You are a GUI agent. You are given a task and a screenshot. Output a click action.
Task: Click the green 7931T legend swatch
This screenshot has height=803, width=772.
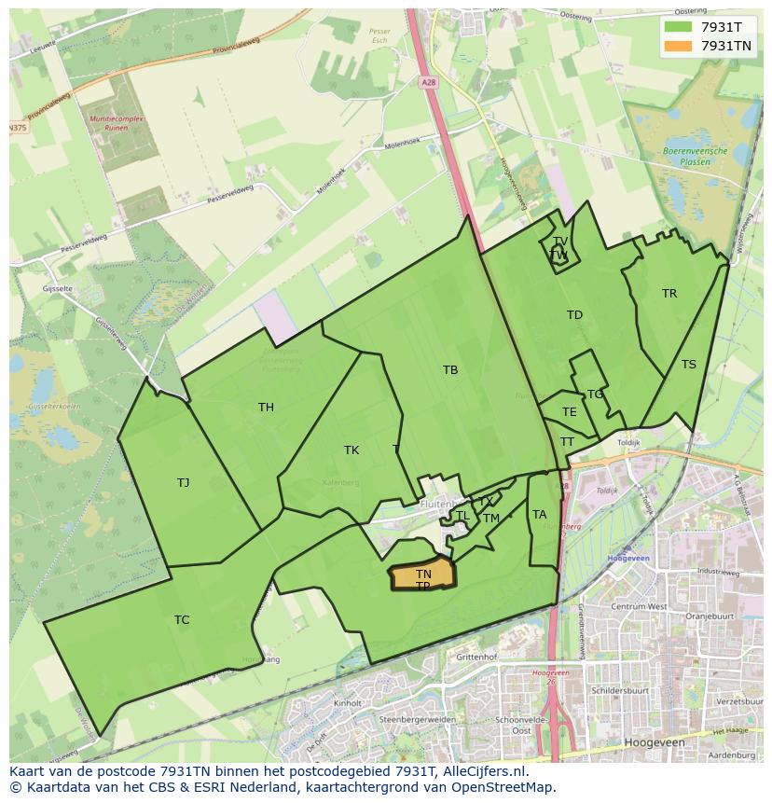678,26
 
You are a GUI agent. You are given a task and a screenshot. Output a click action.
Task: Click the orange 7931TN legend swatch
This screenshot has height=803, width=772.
678,46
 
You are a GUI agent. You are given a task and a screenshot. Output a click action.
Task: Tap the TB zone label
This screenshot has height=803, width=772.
450,370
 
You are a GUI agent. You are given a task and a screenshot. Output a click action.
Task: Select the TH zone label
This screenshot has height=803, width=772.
267,408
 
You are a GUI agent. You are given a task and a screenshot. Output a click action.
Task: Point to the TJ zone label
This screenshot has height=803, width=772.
184,483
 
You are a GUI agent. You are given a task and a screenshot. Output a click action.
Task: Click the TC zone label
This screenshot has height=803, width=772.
182,620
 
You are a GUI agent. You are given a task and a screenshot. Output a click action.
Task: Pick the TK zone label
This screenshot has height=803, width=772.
352,450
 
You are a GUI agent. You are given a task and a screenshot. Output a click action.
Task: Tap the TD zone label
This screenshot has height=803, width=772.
574,315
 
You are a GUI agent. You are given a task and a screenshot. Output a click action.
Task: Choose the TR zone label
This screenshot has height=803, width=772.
669,294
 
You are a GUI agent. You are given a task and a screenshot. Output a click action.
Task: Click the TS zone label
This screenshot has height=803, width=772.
689,365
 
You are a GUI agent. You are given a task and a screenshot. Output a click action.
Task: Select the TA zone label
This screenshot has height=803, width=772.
540,515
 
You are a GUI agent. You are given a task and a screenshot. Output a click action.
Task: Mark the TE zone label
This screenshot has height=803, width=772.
570,412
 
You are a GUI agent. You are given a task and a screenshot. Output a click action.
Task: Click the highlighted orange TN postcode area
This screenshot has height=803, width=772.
424,575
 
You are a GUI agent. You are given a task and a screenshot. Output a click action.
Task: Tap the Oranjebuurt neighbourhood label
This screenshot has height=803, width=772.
711,616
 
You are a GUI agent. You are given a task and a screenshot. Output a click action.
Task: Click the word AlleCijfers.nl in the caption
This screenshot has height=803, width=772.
484,771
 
